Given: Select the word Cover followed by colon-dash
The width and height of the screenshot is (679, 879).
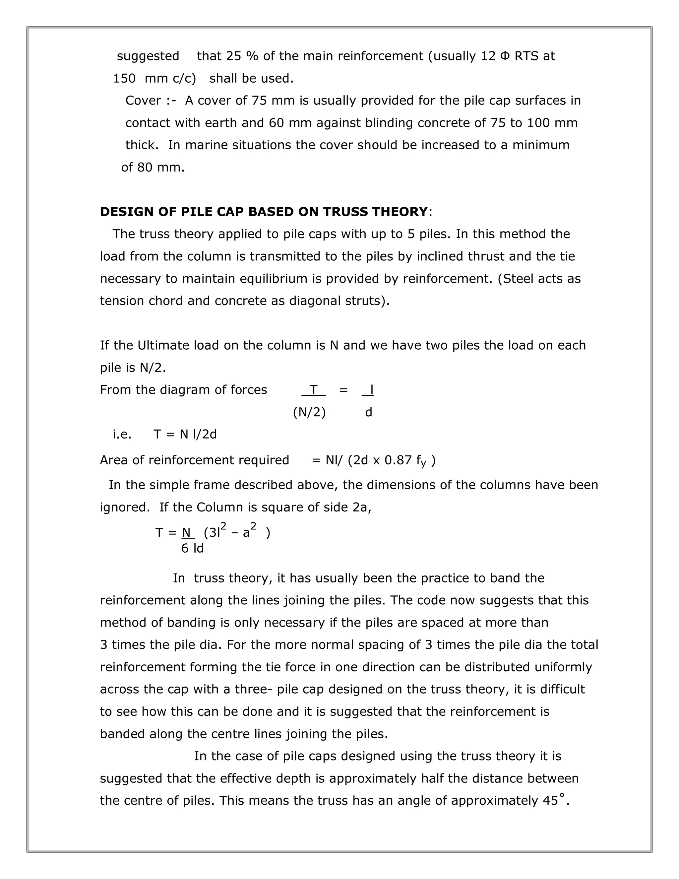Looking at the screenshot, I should (143, 101).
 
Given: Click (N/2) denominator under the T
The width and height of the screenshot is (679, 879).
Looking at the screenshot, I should (309, 412).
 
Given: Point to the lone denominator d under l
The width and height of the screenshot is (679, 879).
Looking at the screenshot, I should (368, 412).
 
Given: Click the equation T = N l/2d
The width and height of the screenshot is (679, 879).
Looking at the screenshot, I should (185, 434).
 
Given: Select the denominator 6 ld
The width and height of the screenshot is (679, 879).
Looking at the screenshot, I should (192, 548).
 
